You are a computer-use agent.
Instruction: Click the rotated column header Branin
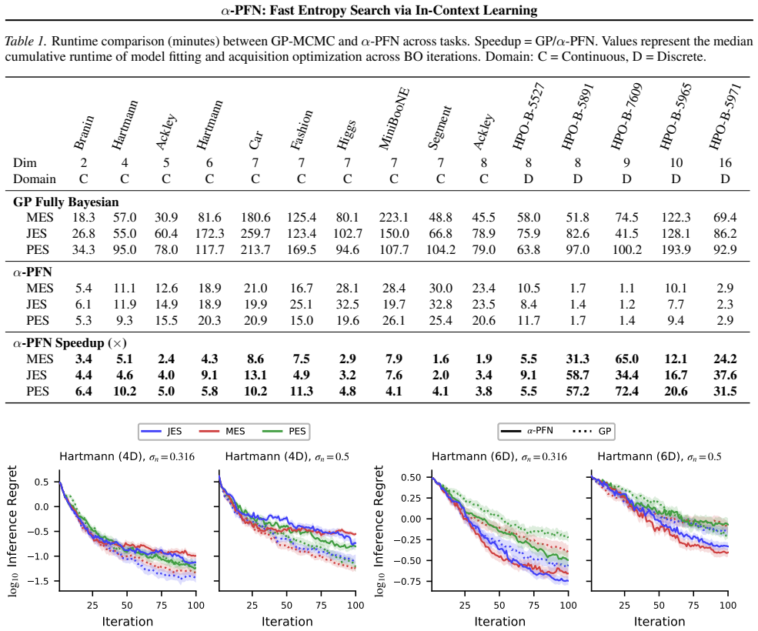[84, 132]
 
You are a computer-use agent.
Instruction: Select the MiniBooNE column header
[394, 119]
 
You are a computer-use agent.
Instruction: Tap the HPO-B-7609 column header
[626, 116]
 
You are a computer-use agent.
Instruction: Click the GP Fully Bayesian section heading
[65, 202]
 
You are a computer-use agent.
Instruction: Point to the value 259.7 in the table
[255, 233]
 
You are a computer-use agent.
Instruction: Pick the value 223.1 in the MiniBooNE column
[394, 218]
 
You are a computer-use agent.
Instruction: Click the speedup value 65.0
[626, 359]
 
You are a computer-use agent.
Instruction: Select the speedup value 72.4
[626, 391]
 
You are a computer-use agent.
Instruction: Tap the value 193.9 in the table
[676, 249]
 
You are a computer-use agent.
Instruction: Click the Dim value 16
[725, 163]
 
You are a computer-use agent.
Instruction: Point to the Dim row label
[25, 163]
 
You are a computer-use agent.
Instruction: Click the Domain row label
[35, 179]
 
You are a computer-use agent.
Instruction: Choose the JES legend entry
[162, 431]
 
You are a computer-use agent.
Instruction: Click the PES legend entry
[285, 431]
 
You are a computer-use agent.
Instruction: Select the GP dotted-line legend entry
[592, 431]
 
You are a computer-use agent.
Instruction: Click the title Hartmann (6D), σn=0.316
[499, 456]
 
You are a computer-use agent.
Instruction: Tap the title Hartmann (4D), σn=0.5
[287, 456]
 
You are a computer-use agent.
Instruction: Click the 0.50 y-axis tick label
[411, 477]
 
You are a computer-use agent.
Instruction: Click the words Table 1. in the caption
[25, 41]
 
